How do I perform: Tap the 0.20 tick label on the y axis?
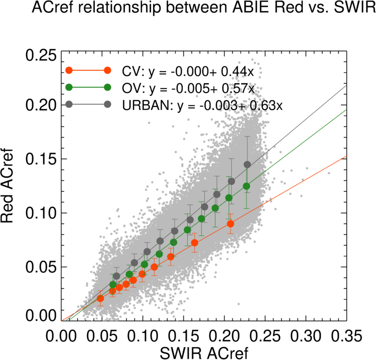41,105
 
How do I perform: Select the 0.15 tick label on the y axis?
41,159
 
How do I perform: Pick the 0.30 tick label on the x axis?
305,334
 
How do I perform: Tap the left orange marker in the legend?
69,71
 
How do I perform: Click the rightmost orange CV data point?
231,224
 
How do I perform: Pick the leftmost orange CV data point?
100,298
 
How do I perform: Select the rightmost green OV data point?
246,186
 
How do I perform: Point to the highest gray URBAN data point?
247,165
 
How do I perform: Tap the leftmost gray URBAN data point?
116,276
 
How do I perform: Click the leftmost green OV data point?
113,284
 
